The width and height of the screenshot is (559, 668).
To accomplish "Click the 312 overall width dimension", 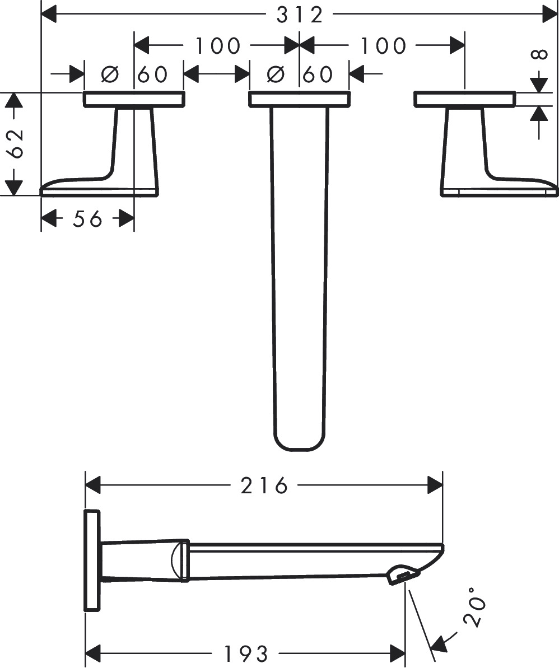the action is click(x=300, y=15).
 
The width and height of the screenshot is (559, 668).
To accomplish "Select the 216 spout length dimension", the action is click(x=264, y=485).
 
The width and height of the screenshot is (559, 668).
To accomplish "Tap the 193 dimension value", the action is click(x=246, y=653).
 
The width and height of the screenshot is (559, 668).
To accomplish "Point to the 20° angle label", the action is click(x=474, y=606).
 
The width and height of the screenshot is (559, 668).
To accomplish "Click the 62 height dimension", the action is click(x=16, y=143).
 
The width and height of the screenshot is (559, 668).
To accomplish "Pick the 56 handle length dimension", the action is click(x=87, y=219).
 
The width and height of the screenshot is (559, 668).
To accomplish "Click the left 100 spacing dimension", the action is click(x=218, y=45).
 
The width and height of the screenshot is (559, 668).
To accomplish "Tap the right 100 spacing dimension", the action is click(x=384, y=45).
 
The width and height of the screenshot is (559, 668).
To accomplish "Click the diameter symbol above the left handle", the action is click(x=109, y=74).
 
